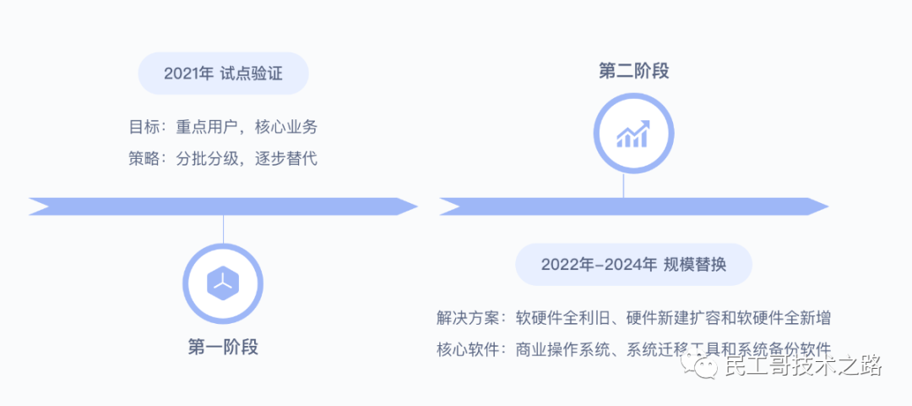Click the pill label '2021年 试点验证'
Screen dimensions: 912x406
pos(223,74)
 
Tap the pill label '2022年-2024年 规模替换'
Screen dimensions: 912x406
pos(633,265)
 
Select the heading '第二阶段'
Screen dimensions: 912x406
pos(633,71)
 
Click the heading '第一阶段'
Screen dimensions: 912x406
pos(223,346)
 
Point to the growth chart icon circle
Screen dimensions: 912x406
pos(633,134)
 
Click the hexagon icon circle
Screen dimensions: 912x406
pos(223,283)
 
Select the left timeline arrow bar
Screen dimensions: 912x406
pos(223,206)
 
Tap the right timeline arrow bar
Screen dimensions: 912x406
pos(633,206)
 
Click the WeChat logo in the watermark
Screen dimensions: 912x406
pos(703,366)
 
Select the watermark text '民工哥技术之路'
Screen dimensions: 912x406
pos(803,366)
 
